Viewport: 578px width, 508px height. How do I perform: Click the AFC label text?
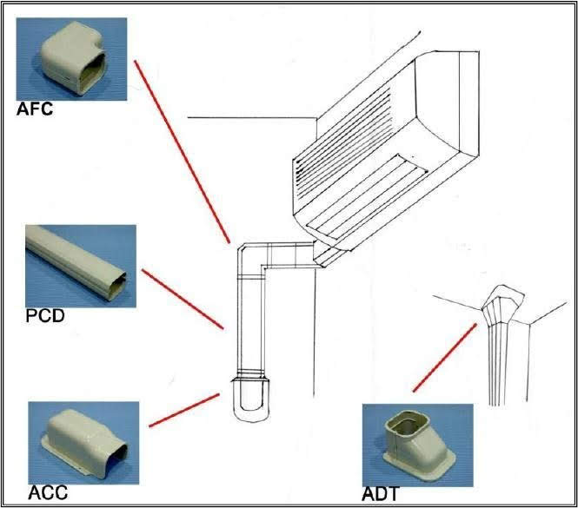point(35,109)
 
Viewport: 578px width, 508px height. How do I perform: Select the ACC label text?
point(49,493)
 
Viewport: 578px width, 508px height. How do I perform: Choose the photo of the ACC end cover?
point(83,440)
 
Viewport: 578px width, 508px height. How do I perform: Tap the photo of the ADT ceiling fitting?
point(416,443)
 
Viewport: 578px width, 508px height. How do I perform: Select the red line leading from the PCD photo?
point(183,299)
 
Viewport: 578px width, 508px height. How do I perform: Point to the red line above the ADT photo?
point(444,356)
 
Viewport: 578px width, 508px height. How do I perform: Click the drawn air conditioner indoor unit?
point(382,139)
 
